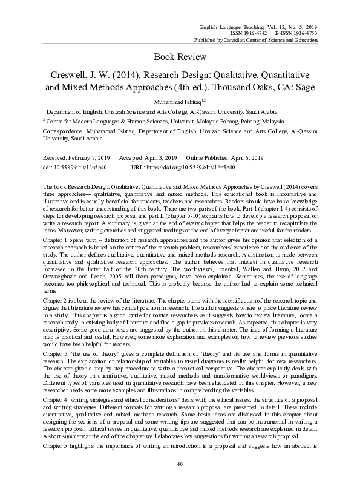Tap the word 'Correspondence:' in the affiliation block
(x=64, y=130)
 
